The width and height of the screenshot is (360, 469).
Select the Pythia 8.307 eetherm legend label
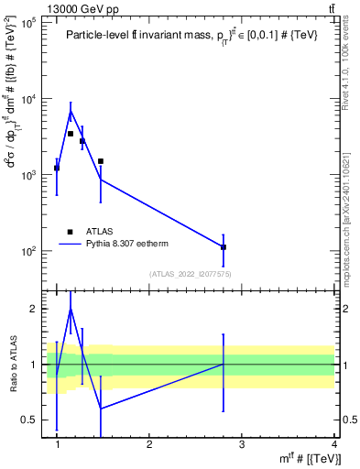(x=139, y=244)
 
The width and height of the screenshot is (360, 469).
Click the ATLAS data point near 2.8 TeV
(x=224, y=247)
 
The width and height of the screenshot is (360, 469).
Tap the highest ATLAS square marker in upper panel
(x=71, y=134)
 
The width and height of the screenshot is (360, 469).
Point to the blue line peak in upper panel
(x=71, y=112)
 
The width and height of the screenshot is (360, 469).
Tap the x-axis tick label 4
(x=333, y=445)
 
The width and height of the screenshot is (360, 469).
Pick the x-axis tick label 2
(x=149, y=445)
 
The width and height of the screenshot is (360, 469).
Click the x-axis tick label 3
(x=241, y=445)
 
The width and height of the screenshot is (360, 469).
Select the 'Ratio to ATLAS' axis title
(x=12, y=365)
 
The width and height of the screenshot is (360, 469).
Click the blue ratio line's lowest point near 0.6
(x=101, y=409)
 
